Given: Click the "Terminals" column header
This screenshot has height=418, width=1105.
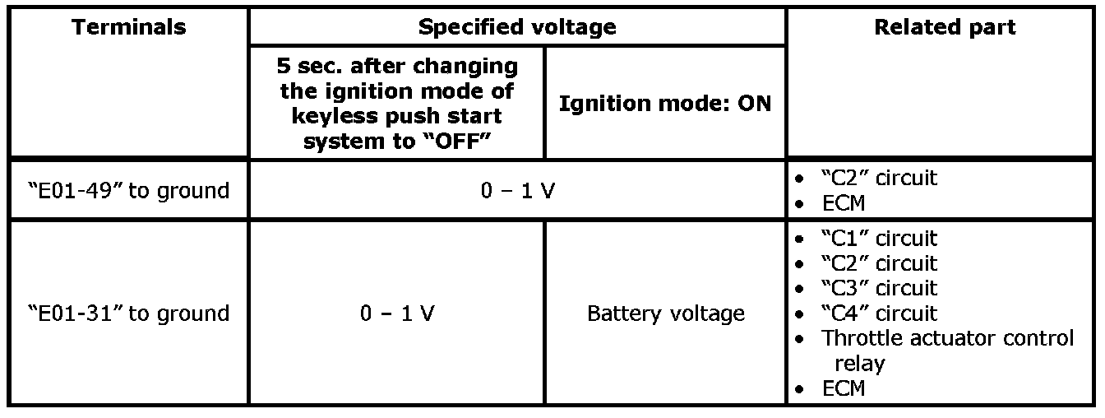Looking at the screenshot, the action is click(x=128, y=27).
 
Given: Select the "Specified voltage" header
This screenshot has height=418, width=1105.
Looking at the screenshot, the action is click(x=517, y=27).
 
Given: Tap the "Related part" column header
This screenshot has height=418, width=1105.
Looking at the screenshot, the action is click(x=945, y=27).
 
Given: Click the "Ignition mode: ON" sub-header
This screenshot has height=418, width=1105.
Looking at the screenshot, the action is click(x=665, y=104).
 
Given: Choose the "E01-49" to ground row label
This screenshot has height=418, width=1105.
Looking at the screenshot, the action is click(x=128, y=190).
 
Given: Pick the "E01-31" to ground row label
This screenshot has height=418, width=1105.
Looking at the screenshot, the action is click(x=128, y=313).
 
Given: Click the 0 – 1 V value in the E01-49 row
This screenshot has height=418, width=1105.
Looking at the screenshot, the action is click(x=517, y=190).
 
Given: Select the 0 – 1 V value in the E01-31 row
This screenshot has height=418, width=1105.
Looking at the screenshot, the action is click(x=397, y=313).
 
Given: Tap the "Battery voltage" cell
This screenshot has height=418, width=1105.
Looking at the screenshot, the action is click(x=665, y=313).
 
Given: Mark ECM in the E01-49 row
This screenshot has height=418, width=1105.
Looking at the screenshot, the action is click(x=844, y=202).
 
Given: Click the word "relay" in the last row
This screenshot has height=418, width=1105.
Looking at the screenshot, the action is click(x=859, y=363).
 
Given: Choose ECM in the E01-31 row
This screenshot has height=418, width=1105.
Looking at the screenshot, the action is click(x=844, y=388).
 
